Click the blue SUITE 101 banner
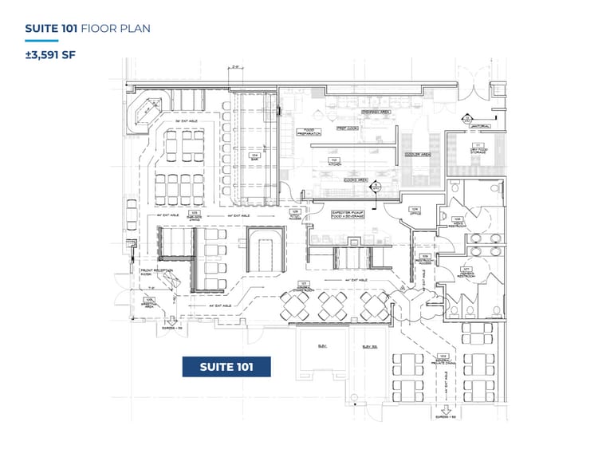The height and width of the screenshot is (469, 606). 226,366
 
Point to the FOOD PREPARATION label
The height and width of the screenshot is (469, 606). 308,132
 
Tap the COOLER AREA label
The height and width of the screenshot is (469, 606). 417,155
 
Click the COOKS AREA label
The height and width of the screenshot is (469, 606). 355,180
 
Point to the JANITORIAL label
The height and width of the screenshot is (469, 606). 479,126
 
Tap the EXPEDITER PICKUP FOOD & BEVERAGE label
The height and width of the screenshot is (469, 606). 348,214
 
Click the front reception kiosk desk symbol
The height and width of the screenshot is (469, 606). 157,280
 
